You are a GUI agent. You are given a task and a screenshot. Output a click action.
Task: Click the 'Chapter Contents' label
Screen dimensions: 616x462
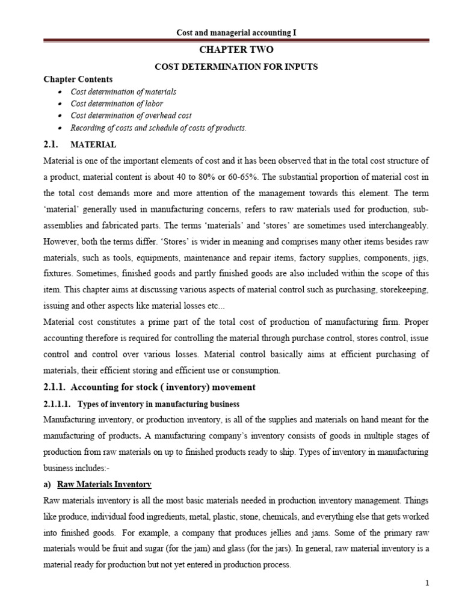[78, 79]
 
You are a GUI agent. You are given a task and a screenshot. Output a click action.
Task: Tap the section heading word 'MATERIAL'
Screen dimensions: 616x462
[94, 145]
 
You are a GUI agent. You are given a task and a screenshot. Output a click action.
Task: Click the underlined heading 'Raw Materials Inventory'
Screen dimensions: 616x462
[104, 484]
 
